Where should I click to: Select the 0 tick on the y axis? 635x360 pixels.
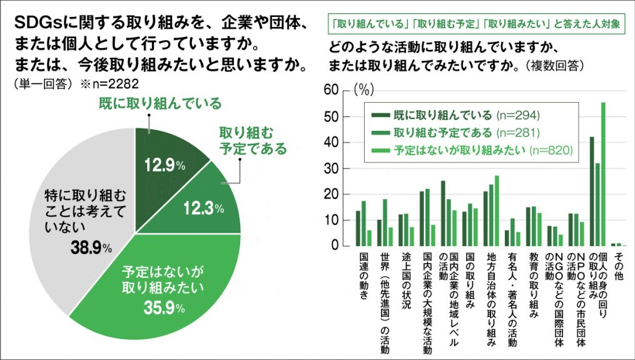click(335, 246)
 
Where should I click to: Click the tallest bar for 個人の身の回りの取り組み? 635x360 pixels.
click(603, 175)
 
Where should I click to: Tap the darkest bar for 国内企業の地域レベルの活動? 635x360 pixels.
click(443, 213)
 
